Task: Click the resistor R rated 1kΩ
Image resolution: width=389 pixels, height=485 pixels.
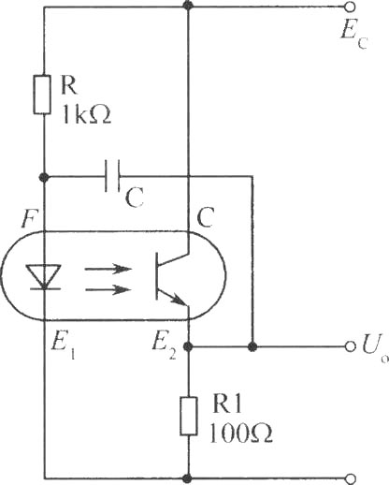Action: (42, 95)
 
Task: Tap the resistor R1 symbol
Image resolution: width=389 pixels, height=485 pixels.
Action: (189, 416)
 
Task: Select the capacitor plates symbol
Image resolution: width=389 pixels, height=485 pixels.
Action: (112, 176)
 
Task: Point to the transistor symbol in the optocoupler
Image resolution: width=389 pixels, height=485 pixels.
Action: (171, 276)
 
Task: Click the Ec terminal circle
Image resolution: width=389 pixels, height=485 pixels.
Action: (350, 7)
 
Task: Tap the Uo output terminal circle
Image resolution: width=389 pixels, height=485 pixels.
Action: (351, 346)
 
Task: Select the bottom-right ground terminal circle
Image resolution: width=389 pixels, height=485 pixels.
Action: (351, 478)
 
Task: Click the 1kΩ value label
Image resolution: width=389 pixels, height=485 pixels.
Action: (87, 114)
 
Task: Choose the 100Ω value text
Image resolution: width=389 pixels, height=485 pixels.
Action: (240, 434)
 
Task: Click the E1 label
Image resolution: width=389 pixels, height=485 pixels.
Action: (63, 346)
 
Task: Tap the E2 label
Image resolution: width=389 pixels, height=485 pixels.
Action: (164, 346)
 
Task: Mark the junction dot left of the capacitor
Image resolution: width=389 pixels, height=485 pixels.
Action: (44, 178)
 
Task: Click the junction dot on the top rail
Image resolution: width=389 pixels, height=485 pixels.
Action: (188, 5)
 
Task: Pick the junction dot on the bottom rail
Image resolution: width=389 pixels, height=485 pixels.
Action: (188, 478)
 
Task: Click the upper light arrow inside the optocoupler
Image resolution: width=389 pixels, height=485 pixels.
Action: (108, 269)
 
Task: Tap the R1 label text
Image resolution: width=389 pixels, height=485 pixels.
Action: (227, 404)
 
